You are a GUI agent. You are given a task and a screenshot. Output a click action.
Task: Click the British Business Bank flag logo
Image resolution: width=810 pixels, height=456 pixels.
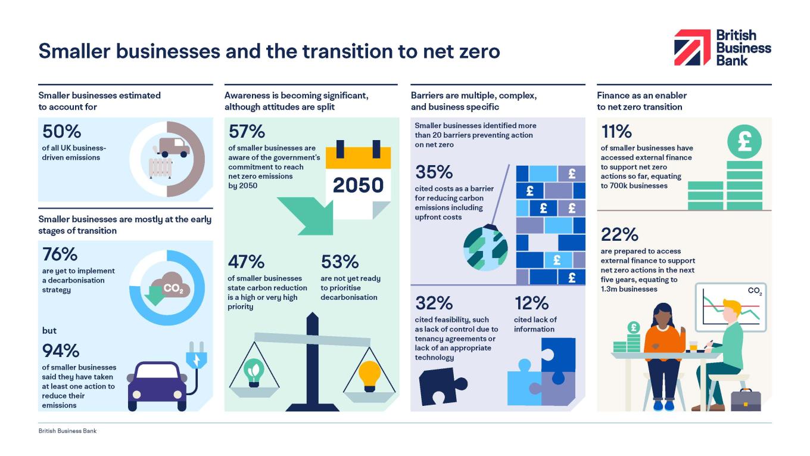pos(692,48)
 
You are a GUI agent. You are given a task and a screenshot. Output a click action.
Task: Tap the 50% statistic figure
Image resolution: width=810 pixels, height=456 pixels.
pos(61,131)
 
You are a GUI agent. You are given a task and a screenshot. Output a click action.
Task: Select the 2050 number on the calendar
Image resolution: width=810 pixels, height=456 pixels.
pos(358,185)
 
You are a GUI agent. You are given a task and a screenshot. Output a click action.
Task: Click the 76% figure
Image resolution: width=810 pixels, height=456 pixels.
pos(60,255)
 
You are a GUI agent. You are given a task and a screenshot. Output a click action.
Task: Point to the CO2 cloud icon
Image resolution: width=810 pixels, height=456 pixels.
pos(170,288)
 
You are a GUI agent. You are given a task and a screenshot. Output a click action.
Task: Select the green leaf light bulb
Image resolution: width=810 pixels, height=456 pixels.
pos(255,372)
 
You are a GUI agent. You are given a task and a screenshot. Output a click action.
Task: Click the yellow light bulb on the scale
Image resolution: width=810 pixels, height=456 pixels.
pos(369,375)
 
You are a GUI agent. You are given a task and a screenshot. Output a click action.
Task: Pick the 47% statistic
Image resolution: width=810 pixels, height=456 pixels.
pos(246,262)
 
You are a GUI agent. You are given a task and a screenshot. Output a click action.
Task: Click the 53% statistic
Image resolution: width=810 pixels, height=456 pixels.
pos(339,262)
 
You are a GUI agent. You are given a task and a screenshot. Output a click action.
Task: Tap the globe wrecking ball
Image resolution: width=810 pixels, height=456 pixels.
pos(485,249)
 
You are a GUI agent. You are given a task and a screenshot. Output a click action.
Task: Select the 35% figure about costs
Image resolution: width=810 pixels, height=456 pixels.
pos(434,172)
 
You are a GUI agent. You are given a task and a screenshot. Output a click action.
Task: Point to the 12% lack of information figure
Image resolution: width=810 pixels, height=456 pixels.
pos(531,303)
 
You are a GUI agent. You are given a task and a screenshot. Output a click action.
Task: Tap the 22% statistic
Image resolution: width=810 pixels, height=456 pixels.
pos(619,234)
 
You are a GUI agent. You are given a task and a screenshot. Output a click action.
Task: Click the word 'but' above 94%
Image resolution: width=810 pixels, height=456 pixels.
pos(49,330)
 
